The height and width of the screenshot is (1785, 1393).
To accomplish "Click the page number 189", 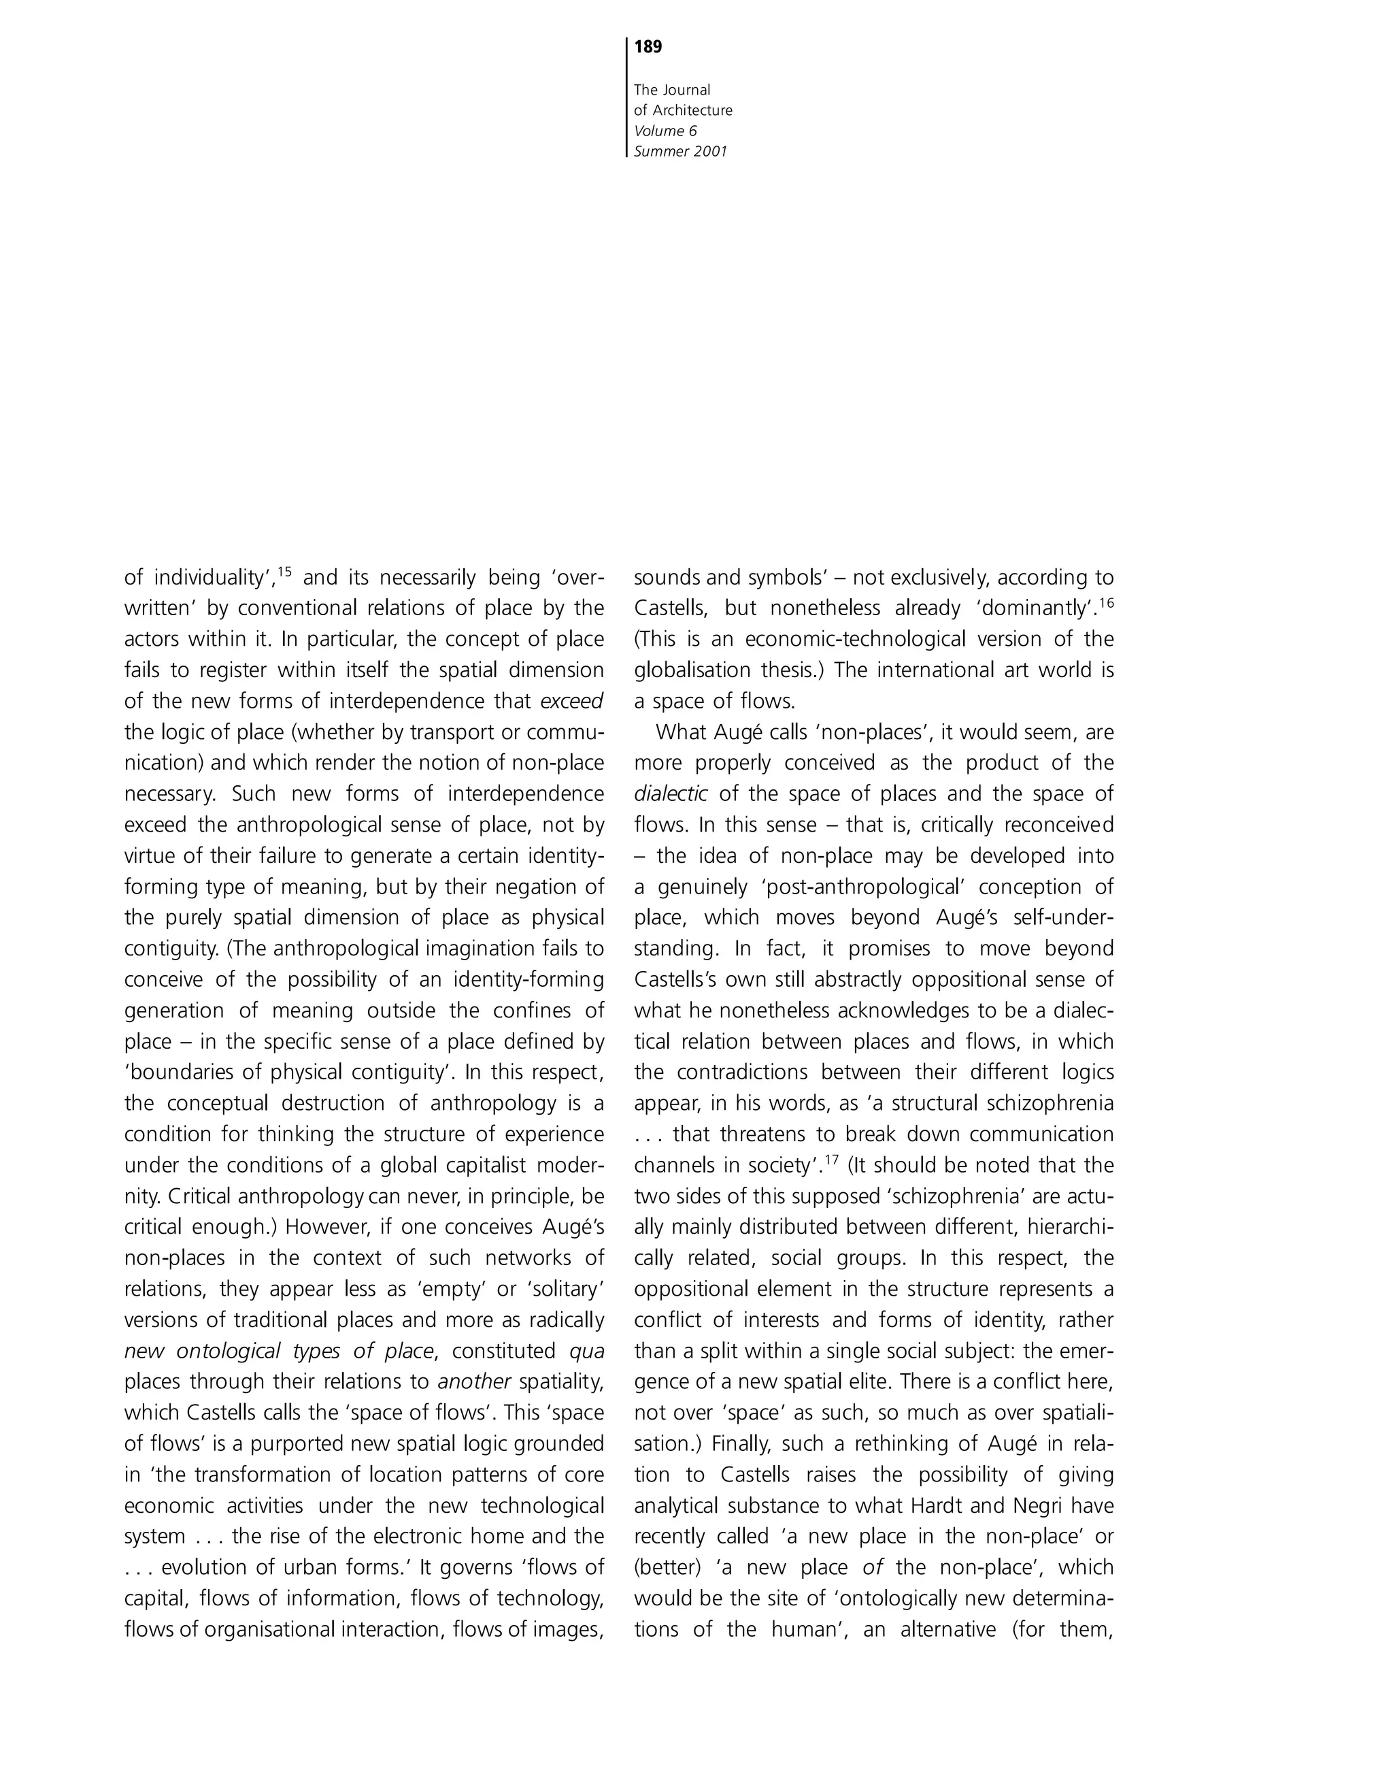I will [x=648, y=48].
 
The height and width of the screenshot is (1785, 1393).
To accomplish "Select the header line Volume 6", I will [x=665, y=131].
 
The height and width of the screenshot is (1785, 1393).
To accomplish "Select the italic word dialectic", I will [x=670, y=794].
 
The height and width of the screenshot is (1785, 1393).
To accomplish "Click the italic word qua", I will [x=586, y=1351].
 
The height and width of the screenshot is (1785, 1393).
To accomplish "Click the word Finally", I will [x=740, y=1443].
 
